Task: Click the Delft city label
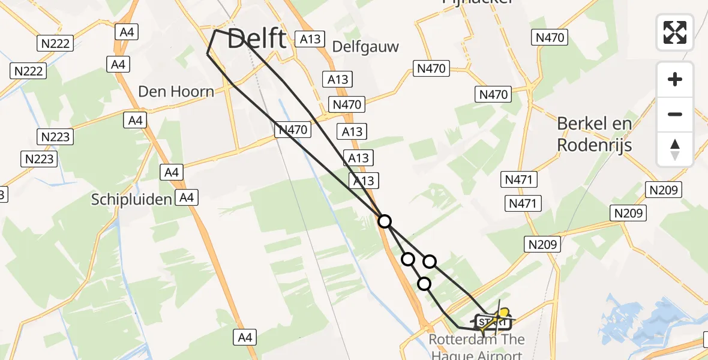(257, 40)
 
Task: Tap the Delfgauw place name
(365, 47)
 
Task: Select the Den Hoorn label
(176, 92)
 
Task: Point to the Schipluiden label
(131, 200)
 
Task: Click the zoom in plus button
(675, 79)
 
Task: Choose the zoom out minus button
(675, 114)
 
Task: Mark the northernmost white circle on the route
(385, 221)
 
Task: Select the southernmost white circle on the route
(424, 284)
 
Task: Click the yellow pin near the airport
(505, 313)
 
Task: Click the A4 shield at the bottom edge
(245, 338)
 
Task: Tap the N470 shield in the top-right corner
(550, 38)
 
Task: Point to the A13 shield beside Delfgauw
(310, 40)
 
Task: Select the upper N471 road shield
(521, 179)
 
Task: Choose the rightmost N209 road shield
(664, 190)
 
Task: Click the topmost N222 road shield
(56, 43)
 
